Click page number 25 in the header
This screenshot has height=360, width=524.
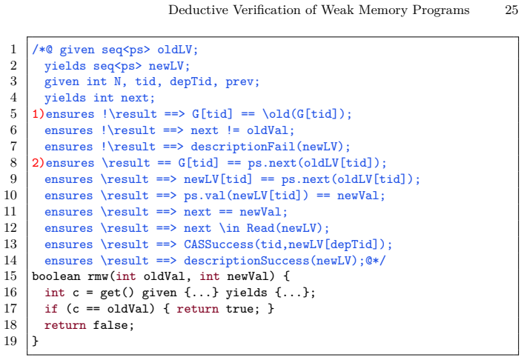tap(511, 10)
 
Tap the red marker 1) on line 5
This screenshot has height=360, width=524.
tap(38, 114)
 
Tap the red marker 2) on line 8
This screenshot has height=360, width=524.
tap(38, 163)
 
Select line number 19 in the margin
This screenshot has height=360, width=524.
tap(10, 341)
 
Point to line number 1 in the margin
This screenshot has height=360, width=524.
tap(13, 50)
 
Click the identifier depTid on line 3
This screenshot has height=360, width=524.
tap(190, 81)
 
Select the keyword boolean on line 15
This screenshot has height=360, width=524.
tap(56, 276)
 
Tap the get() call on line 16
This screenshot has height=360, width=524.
tap(117, 293)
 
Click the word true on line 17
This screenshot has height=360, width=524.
tap(239, 309)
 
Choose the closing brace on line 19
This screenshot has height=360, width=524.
tap(36, 341)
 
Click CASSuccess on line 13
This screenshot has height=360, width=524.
tap(219, 244)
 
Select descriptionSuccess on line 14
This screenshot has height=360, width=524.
tap(247, 261)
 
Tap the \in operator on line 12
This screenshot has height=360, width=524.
tap(229, 228)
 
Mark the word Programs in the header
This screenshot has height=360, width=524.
tap(440, 10)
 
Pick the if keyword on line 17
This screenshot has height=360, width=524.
tap(51, 309)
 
